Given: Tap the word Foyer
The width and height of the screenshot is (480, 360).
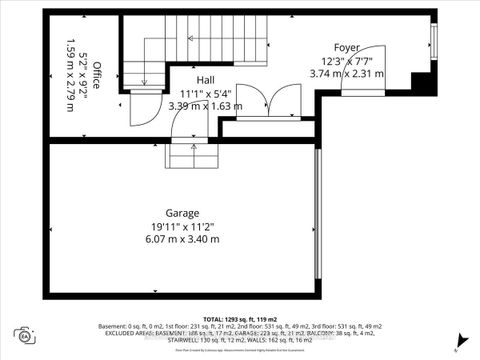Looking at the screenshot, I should (x=347, y=47).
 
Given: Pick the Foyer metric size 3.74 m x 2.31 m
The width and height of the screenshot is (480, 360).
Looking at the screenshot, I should (x=347, y=73).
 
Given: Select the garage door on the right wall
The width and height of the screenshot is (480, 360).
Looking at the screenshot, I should (x=318, y=219).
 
